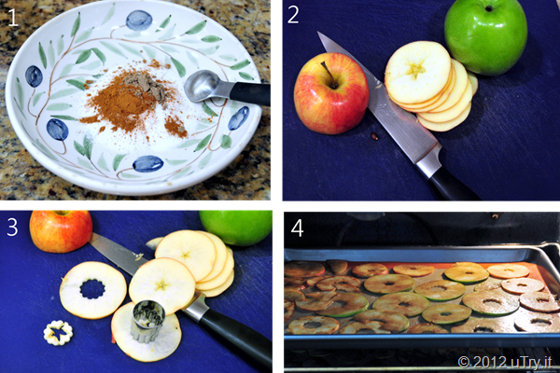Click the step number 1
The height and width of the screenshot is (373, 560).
tap(13, 18)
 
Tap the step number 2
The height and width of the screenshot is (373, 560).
tap(293, 15)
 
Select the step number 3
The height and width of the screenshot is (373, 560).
tap(12, 228)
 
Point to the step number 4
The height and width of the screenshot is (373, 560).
tap(297, 228)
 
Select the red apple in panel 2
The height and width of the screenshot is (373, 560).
tap(330, 93)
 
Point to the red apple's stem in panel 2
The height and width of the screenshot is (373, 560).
tap(328, 74)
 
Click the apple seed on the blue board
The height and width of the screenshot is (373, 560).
tap(374, 135)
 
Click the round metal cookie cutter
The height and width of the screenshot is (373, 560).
tap(148, 321)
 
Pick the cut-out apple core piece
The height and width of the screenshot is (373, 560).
tap(58, 333)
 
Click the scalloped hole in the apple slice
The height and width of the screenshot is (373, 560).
tap(92, 289)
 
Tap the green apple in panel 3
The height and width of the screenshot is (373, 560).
tap(236, 228)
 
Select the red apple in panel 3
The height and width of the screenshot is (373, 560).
tap(61, 230)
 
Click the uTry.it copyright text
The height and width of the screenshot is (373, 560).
tap(505, 362)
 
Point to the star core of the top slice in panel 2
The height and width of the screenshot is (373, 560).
tap(415, 70)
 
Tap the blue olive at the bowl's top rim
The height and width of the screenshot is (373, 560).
tap(139, 20)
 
